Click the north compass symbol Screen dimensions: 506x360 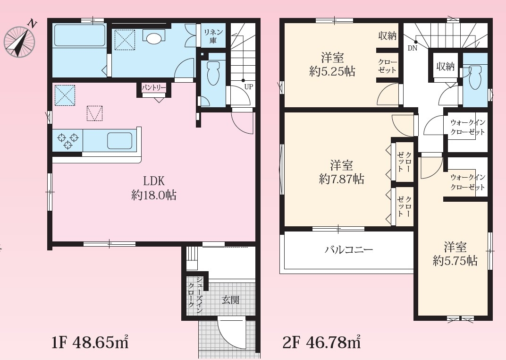tap(19, 41)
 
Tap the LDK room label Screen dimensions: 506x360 tap(154, 181)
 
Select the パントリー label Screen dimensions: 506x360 tap(154, 87)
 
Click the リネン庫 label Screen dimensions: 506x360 tap(213, 36)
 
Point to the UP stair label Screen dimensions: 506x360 tap(248, 87)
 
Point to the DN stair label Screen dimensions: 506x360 tap(413, 49)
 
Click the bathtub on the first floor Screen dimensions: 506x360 tap(80, 35)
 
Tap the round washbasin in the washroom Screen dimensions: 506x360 tap(153, 38)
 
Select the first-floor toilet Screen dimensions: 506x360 tap(213, 73)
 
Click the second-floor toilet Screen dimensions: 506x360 tap(475, 77)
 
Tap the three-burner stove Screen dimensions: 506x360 tap(68, 141)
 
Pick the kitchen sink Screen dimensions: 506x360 tap(119, 141)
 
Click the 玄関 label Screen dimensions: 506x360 tap(231, 300)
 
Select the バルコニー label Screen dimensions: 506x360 tap(349, 249)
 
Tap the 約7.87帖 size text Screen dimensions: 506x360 tap(341, 179)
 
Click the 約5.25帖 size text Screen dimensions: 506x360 tap(332, 71)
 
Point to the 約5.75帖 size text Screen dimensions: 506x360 tap(455, 261)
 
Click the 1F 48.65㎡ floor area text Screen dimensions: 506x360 tap(90, 342)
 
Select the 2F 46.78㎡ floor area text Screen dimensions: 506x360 tap(321, 342)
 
